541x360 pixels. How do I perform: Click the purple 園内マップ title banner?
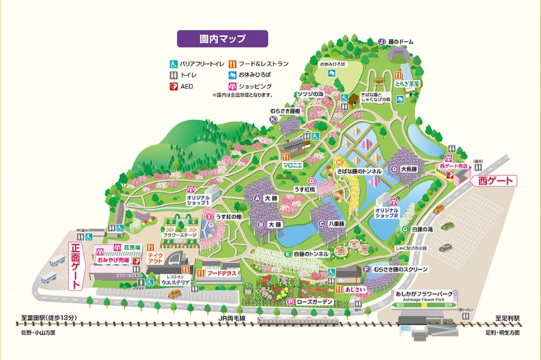coord(222,39)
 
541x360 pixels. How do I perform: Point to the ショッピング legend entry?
coord(251,86)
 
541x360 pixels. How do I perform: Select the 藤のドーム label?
coord(403,41)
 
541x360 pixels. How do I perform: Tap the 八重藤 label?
coord(335,223)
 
